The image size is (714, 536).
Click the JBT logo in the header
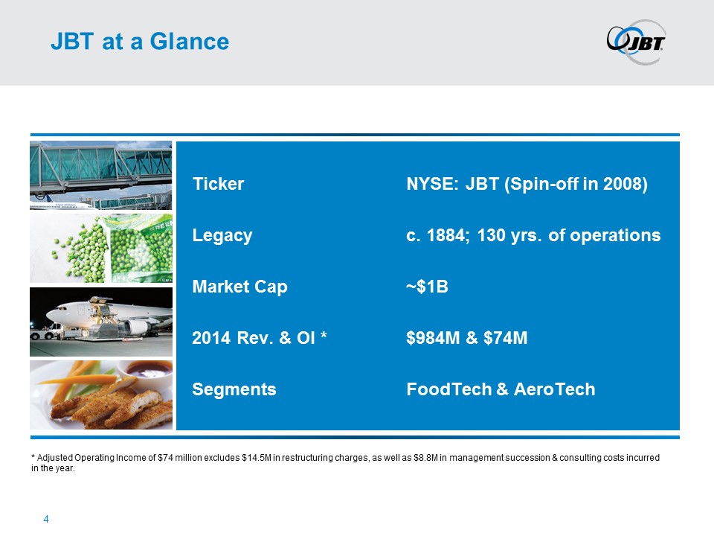click(636, 42)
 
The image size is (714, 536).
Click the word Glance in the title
click(190, 42)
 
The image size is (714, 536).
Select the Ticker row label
click(218, 184)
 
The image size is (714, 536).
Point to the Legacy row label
click(222, 236)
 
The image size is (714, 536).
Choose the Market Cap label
click(239, 287)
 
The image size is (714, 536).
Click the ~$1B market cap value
click(427, 287)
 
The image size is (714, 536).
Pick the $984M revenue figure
click(433, 338)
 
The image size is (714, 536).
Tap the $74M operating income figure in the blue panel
click(506, 338)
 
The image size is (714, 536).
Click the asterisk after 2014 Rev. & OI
click(324, 335)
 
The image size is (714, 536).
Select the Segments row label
click(234, 389)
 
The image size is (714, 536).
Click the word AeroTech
click(555, 389)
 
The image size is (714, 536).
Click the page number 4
click(46, 519)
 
